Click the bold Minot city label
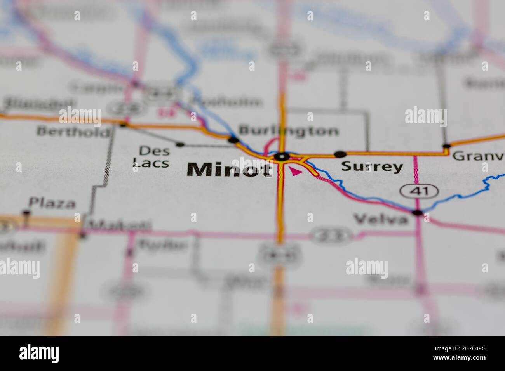point(229,170)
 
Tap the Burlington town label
point(289,130)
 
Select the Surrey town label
point(372,166)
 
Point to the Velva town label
point(381,220)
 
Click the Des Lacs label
point(151,156)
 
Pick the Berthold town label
point(73,131)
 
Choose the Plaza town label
point(52,203)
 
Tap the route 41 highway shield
point(419,191)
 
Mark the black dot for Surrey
point(340,154)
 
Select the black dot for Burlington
point(233,140)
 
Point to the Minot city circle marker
point(282,157)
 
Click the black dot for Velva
point(417,213)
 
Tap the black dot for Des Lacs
point(180,144)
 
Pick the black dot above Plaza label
point(26,212)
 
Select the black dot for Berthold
point(123,125)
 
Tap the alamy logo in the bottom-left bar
point(39,354)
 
